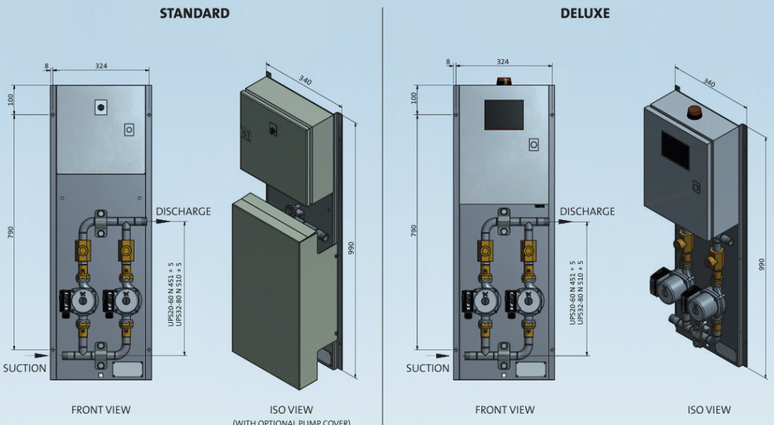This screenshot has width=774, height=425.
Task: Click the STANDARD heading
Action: [x=194, y=14]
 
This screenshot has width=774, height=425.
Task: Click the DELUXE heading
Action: [x=585, y=14]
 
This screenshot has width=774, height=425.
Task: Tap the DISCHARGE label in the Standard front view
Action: [x=183, y=211]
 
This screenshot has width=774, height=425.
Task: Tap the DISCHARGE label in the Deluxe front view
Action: [x=587, y=211]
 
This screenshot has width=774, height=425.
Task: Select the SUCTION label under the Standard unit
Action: [x=24, y=368]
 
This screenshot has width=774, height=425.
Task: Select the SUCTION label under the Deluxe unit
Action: [x=428, y=368]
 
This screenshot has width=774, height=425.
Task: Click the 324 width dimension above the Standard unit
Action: [x=101, y=67]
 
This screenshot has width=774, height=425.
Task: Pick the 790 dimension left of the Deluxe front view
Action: [x=414, y=229]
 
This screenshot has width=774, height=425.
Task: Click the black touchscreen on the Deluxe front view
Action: [x=504, y=114]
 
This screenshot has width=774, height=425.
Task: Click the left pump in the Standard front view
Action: [x=82, y=301]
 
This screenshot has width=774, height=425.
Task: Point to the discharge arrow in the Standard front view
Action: [x=161, y=222]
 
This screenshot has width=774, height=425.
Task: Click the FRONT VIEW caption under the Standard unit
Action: [x=101, y=410]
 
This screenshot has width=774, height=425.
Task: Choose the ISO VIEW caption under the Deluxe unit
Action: [x=709, y=410]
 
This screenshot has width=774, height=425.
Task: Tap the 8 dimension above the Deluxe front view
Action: [x=448, y=62]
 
